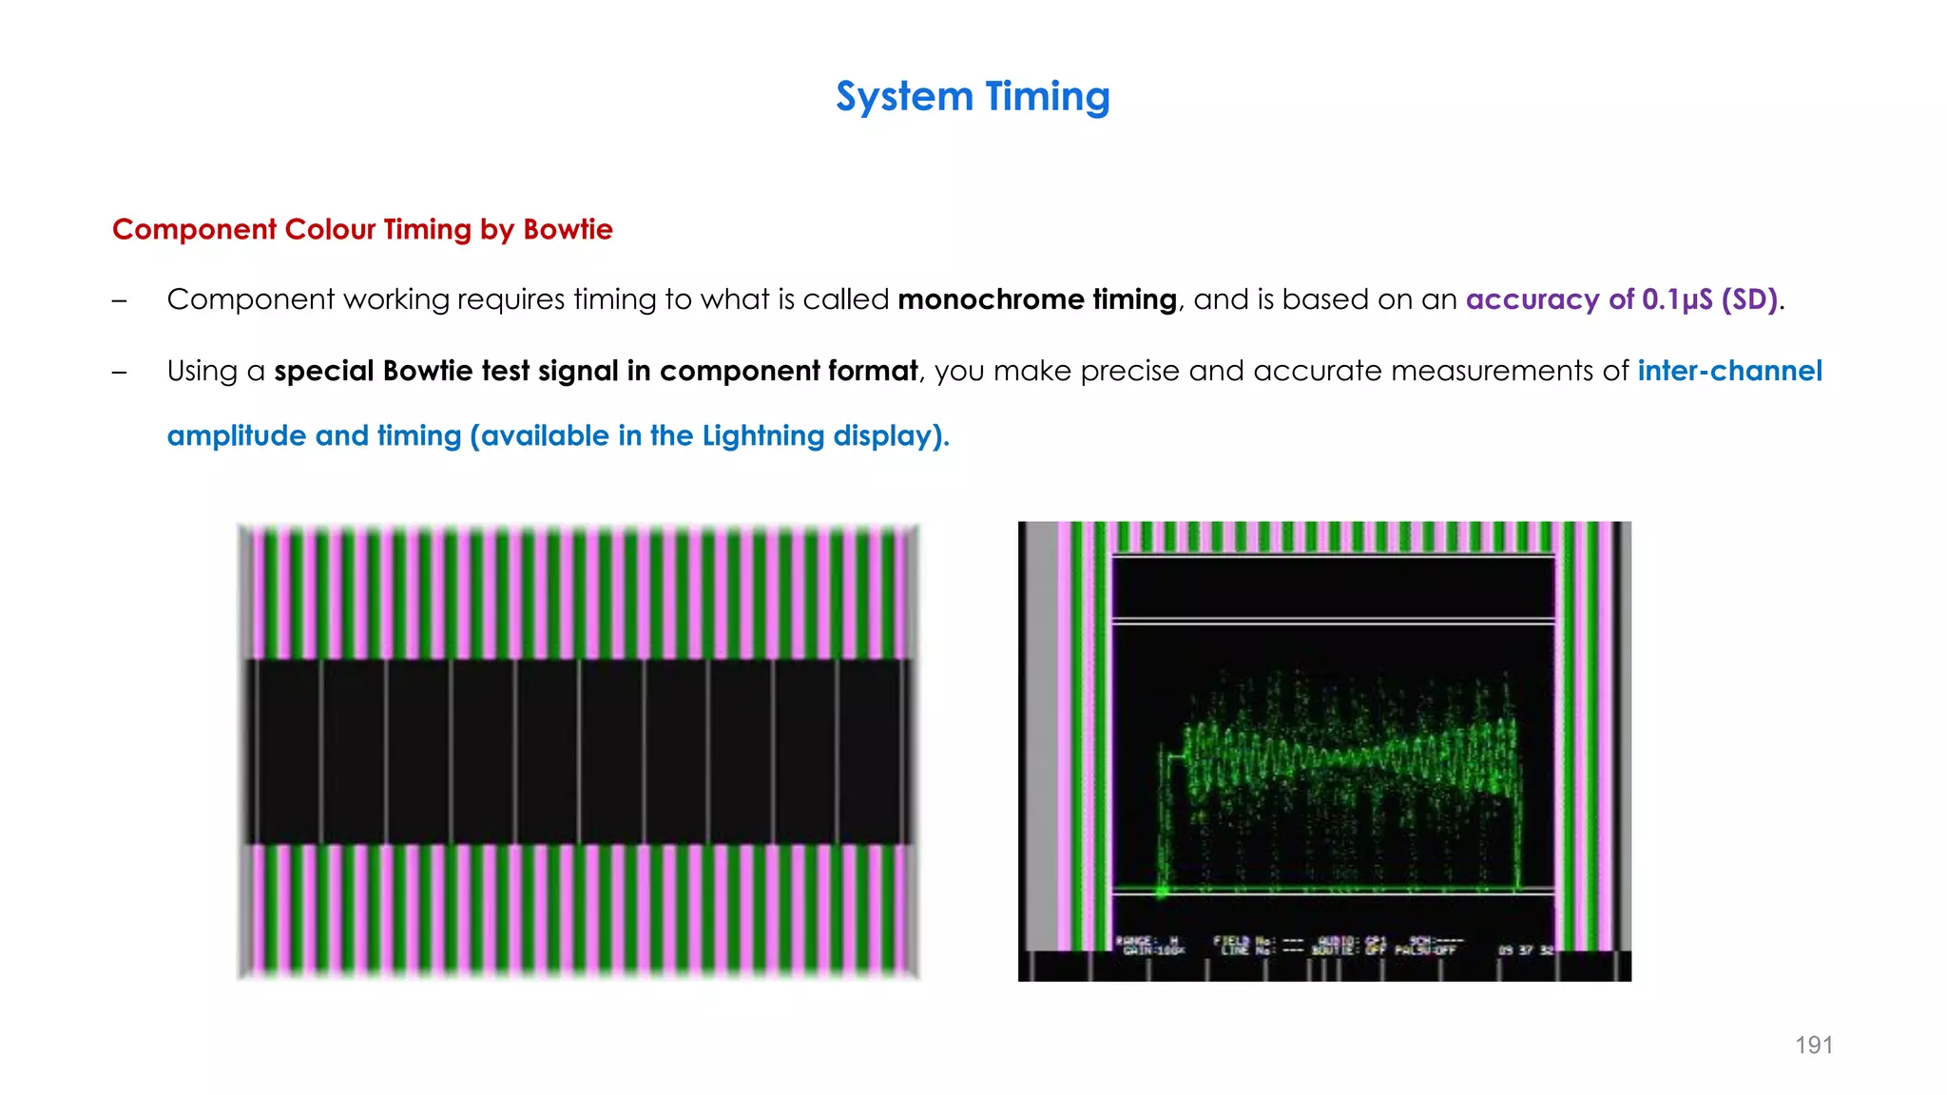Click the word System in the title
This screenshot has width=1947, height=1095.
coord(904,97)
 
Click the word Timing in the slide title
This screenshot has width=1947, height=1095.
coord(1048,97)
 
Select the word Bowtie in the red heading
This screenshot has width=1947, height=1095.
coord(568,229)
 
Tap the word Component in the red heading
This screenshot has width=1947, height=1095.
coord(194,229)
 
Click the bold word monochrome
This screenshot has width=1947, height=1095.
coord(990,299)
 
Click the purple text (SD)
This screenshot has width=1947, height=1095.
coord(1749,299)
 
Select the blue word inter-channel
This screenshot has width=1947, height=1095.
coord(1729,371)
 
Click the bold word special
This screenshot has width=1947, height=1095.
coord(323,371)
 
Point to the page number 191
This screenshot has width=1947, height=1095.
coord(1813,1046)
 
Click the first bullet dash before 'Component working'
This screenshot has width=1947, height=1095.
coord(119,300)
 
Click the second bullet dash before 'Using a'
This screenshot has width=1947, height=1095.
coord(119,372)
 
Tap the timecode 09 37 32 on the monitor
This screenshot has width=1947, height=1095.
coord(1525,950)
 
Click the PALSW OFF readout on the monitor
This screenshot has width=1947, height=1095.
coord(1424,950)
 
